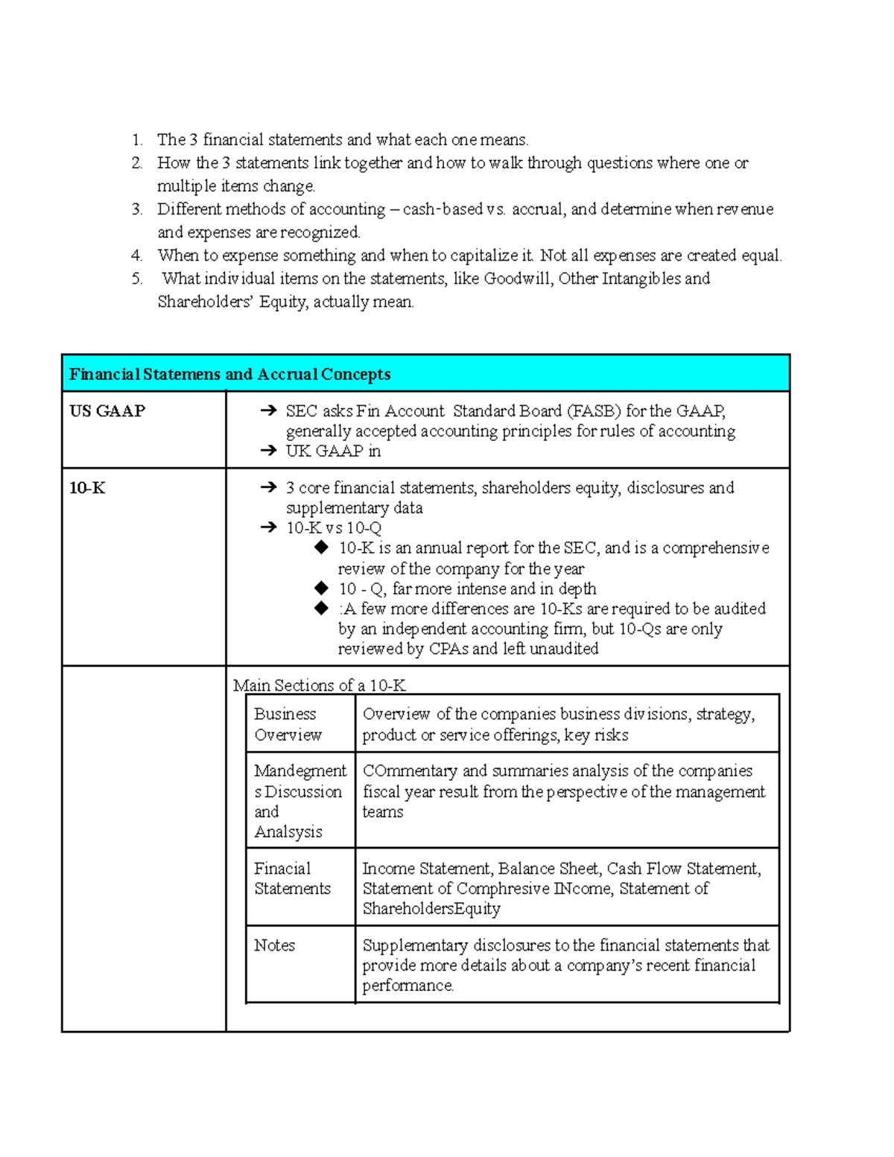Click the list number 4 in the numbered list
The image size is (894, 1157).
[x=136, y=256]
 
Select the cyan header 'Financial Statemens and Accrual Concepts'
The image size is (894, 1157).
[x=229, y=374]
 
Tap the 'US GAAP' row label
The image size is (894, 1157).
[x=107, y=411]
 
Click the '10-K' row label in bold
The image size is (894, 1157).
[x=87, y=488]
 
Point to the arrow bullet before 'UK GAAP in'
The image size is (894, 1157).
[x=268, y=451]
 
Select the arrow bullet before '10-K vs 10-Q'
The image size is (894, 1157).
[x=268, y=528]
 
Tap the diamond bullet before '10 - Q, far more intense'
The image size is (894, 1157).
[x=321, y=589]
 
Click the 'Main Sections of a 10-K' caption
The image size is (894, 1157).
[x=319, y=685]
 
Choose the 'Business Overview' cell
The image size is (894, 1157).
[x=288, y=724]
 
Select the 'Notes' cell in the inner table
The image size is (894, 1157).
[x=274, y=945]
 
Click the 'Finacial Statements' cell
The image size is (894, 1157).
[x=291, y=878]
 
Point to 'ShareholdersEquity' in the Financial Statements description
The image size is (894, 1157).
[x=431, y=909]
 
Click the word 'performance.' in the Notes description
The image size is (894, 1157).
[x=408, y=986]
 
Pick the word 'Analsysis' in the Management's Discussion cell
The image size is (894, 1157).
[x=288, y=832]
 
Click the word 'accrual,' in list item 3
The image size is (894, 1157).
[x=538, y=209]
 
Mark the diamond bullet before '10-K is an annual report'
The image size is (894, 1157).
[x=321, y=548]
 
